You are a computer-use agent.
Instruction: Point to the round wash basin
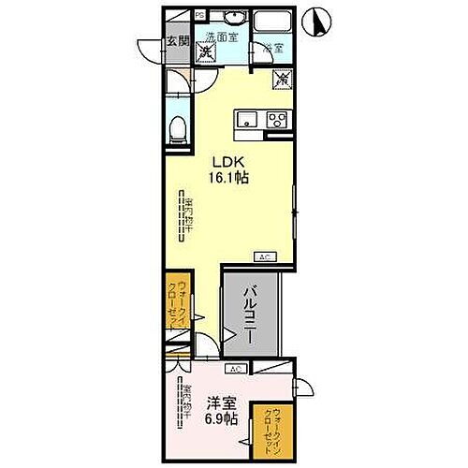(235, 22)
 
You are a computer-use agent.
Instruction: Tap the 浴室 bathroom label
(272, 46)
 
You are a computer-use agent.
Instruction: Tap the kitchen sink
(247, 119)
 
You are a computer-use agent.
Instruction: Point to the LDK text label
(230, 160)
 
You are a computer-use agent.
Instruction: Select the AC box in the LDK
(264, 256)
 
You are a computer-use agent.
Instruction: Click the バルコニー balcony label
(252, 316)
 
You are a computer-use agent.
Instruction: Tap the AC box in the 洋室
(234, 368)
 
